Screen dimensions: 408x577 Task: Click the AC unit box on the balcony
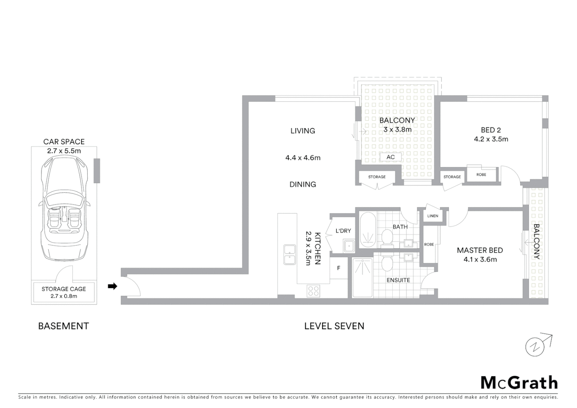(390, 157)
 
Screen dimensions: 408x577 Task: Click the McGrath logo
(519, 383)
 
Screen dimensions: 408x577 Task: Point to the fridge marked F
(339, 268)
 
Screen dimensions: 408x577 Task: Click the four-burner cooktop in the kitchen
(313, 291)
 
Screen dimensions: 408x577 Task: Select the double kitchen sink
(290, 254)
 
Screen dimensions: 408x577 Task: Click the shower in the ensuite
(362, 278)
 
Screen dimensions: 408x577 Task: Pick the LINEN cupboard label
(433, 216)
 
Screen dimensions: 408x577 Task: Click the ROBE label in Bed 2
(481, 175)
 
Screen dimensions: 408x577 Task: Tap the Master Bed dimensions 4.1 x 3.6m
(480, 260)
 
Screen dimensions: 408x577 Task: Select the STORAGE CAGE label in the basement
(64, 289)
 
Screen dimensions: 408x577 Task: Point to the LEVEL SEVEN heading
(334, 326)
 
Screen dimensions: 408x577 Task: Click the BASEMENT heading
(63, 326)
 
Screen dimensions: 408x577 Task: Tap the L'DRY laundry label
(343, 231)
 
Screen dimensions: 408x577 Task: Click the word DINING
(302, 184)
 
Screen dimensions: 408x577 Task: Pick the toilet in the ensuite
(387, 263)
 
